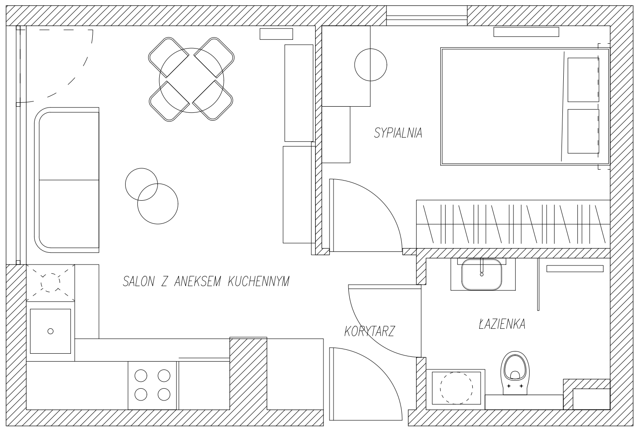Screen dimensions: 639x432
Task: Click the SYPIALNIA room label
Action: (x=398, y=133)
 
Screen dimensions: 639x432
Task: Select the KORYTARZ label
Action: (x=369, y=331)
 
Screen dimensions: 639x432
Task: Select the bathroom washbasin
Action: (x=481, y=275)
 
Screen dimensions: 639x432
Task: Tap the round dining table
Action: (x=191, y=80)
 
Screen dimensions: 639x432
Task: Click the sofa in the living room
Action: (x=67, y=180)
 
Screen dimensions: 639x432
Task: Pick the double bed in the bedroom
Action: (x=525, y=106)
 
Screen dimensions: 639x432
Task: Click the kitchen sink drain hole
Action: (x=50, y=331)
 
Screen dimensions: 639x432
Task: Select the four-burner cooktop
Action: (x=152, y=385)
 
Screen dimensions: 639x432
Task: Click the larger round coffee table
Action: (x=158, y=204)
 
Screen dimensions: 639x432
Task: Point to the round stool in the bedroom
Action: (x=371, y=65)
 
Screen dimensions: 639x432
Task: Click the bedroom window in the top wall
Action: (x=427, y=16)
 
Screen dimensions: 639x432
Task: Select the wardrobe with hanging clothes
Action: (x=513, y=224)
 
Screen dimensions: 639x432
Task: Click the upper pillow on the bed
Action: (x=583, y=80)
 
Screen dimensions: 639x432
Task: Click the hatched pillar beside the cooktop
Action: (x=248, y=373)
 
